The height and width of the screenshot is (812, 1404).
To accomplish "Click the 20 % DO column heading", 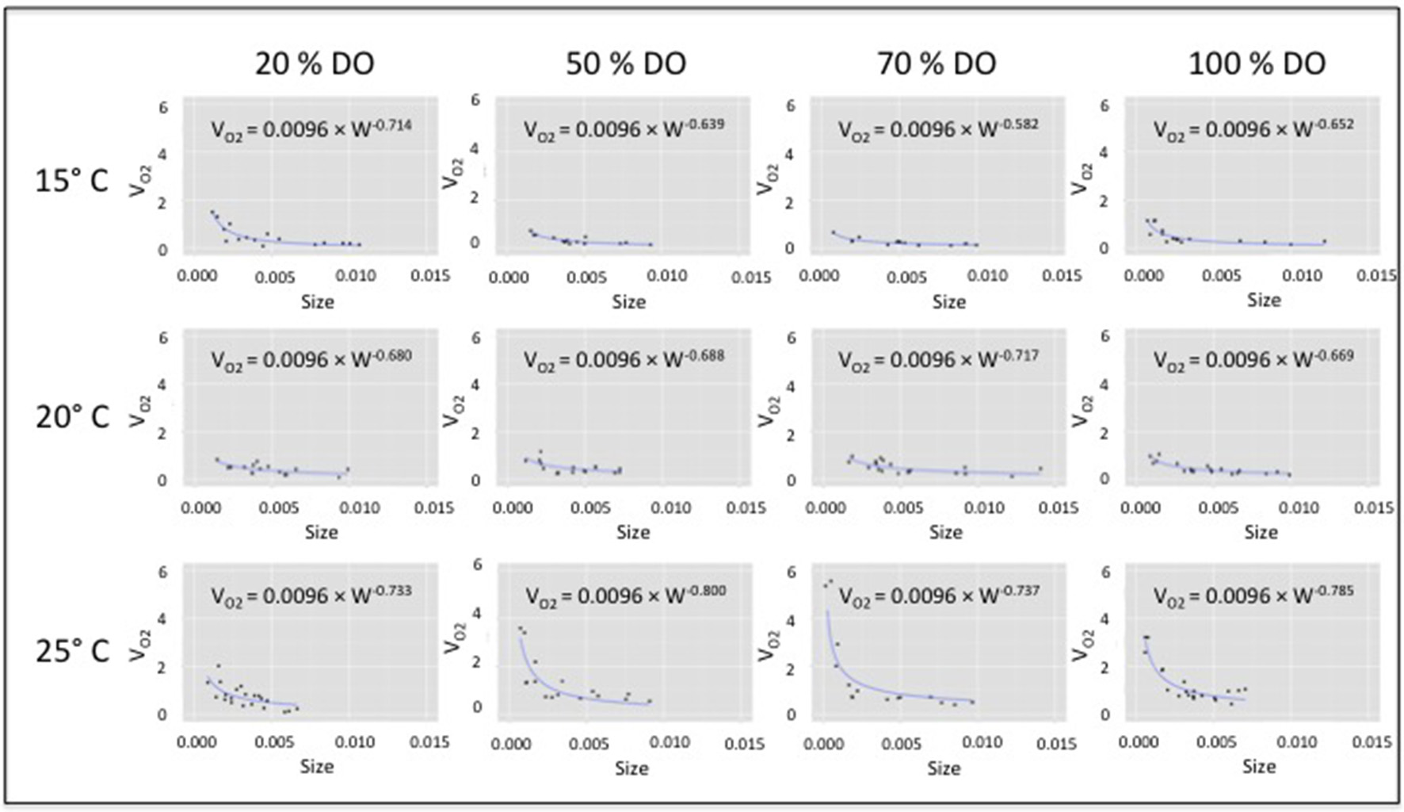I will point(315,63).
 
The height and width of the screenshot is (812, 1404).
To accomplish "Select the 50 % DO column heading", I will point(626,63).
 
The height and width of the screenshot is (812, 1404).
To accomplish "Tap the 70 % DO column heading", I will point(937,63).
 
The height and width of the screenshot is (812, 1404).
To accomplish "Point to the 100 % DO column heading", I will point(1257,63).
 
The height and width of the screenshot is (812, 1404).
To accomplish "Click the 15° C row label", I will point(71,181).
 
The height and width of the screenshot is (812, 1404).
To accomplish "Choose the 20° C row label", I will point(71,416).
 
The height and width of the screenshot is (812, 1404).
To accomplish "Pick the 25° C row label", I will point(71,650).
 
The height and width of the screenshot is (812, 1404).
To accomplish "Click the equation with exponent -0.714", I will point(311,128).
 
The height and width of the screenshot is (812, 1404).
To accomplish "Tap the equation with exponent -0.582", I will point(938,128).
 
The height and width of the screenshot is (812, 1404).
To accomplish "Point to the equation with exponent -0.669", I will point(1253,360).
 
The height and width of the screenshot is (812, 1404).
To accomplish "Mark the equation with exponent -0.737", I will point(938,596).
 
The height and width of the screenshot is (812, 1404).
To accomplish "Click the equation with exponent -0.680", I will point(311,360).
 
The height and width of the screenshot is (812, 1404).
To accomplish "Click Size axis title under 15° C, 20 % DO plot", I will point(317,301).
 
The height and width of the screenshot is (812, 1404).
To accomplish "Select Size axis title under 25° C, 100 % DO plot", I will point(1258,766).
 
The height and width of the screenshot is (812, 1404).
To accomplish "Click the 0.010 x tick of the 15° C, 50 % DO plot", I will point(666,276).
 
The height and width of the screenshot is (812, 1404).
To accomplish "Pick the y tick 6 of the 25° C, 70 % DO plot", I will point(790,572).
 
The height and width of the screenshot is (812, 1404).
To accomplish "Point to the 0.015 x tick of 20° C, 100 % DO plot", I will point(1375,507).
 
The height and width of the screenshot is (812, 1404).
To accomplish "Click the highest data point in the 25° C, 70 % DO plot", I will point(830,580).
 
